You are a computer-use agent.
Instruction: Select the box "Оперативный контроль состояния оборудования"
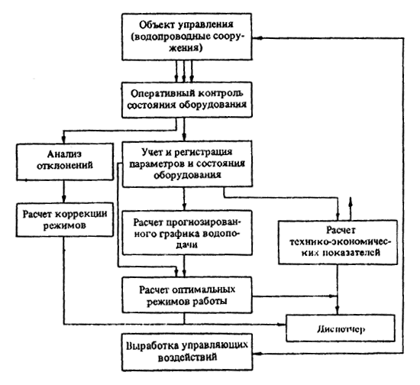187,100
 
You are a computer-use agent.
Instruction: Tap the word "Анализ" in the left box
65,154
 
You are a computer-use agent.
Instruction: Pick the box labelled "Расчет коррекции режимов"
65,220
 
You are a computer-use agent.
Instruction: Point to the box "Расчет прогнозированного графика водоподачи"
187,232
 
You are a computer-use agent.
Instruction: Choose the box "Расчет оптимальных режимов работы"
187,295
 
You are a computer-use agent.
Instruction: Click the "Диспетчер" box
341,328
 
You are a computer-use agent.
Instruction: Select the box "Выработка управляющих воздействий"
187,352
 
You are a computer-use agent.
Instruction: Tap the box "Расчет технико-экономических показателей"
338,242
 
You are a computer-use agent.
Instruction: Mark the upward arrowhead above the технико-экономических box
351,202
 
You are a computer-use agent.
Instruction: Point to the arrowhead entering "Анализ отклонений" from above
63,139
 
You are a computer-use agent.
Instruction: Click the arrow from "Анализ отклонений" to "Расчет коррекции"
63,191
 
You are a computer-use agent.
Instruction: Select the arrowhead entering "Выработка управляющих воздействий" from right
257,354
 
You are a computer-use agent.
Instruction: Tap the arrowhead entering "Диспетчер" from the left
282,325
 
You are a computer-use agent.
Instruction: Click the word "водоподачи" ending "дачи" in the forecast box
186,244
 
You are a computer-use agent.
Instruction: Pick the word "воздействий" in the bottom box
187,358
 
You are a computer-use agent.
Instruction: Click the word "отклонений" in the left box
65,165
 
